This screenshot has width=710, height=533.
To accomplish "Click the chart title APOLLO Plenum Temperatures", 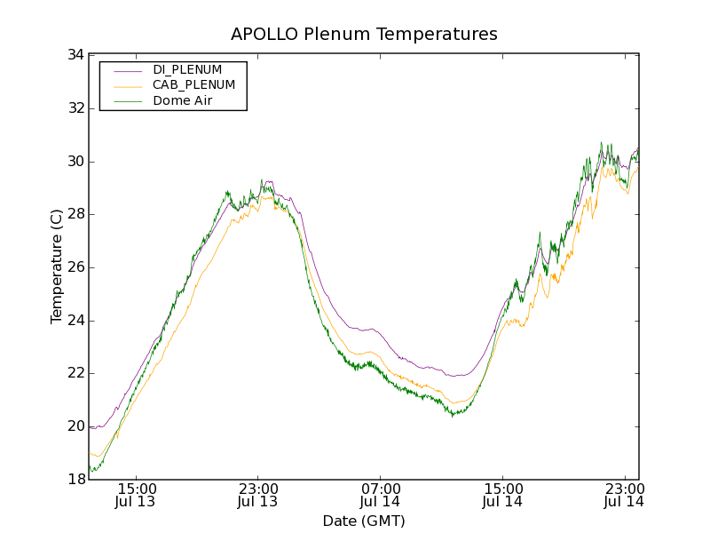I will [364, 35].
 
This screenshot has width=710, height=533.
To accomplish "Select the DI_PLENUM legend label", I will [187, 69].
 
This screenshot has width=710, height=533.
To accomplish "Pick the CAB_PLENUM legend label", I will [193, 85].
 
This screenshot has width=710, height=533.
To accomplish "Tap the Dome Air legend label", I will [182, 101].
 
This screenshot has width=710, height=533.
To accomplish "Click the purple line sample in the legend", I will [127, 69].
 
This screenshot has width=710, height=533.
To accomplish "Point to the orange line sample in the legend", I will [127, 85].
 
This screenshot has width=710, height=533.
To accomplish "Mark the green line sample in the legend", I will [127, 101].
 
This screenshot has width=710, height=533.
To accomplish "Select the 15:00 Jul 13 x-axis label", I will [137, 495].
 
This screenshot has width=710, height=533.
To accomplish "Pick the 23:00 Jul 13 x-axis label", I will [258, 495].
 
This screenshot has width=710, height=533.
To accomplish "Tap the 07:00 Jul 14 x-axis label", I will [380, 495].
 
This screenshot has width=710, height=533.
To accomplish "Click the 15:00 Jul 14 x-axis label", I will [501, 495].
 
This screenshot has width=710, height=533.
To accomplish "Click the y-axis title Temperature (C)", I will [57, 266].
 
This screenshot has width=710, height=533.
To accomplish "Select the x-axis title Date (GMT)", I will [364, 521].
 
